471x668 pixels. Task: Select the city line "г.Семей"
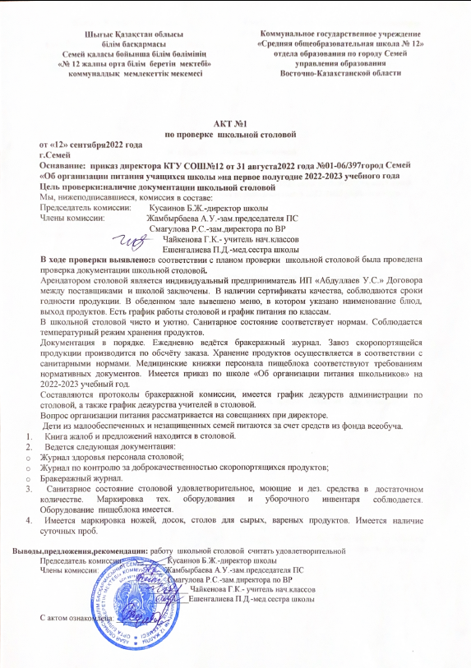coord(56,154)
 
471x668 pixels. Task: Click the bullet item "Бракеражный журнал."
coord(82,478)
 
